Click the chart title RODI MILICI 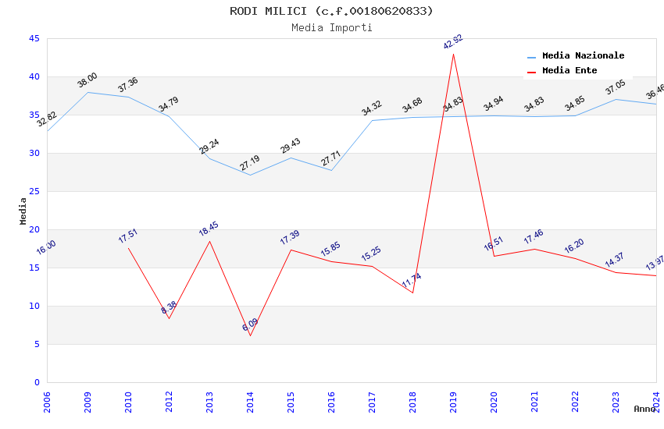tap(331, 11)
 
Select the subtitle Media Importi tap(331, 27)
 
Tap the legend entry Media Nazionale tap(583, 56)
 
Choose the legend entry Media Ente tap(569, 71)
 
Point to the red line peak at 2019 tap(453, 54)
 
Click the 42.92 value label tap(453, 41)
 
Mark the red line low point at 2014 tap(250, 335)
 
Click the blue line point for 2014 tap(250, 175)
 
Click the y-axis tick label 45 tap(34, 38)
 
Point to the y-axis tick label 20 tap(34, 229)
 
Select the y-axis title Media tap(23, 211)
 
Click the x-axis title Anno tap(644, 409)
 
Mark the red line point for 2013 tap(209, 241)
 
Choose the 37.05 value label tap(616, 87)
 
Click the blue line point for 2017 tap(372, 120)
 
